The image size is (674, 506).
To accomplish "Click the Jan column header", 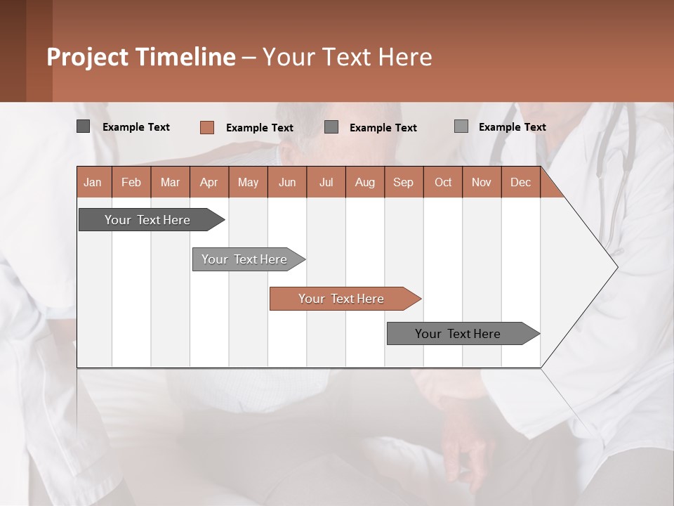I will (93, 182).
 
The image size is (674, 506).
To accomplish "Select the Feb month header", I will (131, 182).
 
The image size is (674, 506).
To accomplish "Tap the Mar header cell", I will (170, 182).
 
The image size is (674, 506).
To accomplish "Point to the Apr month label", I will (209, 182).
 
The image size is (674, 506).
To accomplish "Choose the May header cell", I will (248, 182).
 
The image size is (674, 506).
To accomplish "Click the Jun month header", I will (287, 182).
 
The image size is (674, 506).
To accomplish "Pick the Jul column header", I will (326, 182).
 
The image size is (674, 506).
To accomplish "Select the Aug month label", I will (364, 182).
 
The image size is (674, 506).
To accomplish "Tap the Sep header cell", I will (403, 182).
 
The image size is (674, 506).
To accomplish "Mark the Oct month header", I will (443, 182).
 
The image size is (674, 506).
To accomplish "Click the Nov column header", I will (482, 182).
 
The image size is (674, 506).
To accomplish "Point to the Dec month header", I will (520, 182).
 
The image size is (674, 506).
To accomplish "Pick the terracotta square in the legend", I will (206, 127).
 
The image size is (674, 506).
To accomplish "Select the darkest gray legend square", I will (83, 126).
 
